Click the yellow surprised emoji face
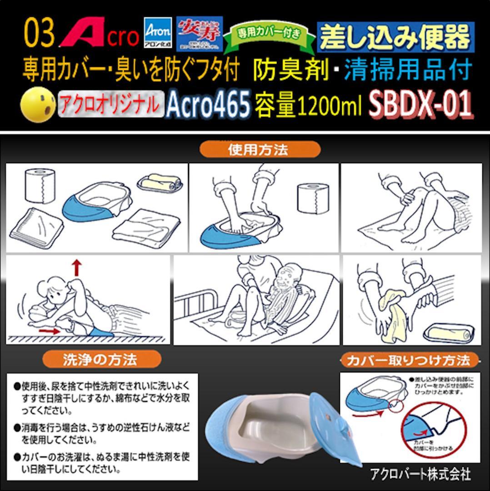pyautogui.click(x=38, y=105)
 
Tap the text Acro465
pyautogui.click(x=208, y=105)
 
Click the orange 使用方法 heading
pyautogui.click(x=260, y=150)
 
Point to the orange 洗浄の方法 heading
pyautogui.click(x=102, y=360)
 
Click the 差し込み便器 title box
pyautogui.click(x=395, y=37)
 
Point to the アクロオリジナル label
pyautogui.click(x=110, y=105)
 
